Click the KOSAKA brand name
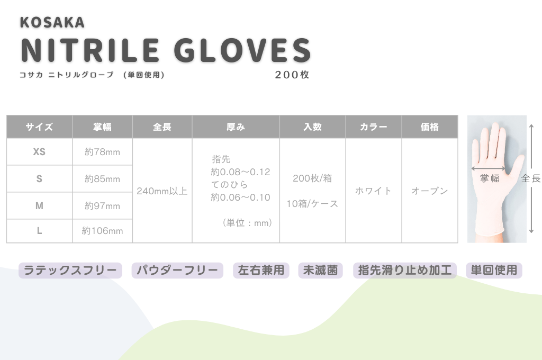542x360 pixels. [x=52, y=22]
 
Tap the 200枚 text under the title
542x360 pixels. [x=292, y=75]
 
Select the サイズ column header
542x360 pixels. [x=39, y=127]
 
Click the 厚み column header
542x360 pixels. [x=236, y=127]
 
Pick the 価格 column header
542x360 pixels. [x=430, y=127]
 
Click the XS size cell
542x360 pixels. [x=39, y=152]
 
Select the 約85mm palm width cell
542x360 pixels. [x=102, y=179]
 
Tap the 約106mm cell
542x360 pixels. [x=102, y=231]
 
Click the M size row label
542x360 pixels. [x=39, y=206]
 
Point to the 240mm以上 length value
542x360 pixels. [x=162, y=191]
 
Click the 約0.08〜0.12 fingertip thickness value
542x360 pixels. [x=241, y=172]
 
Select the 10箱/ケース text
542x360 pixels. [x=312, y=204]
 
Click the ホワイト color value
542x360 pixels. [x=373, y=191]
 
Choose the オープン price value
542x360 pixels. [x=430, y=191]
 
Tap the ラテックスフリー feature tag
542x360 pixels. [x=70, y=270]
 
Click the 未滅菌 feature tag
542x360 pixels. [x=320, y=270]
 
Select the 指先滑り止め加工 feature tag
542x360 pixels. [x=405, y=270]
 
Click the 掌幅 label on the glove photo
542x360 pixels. [x=490, y=178]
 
